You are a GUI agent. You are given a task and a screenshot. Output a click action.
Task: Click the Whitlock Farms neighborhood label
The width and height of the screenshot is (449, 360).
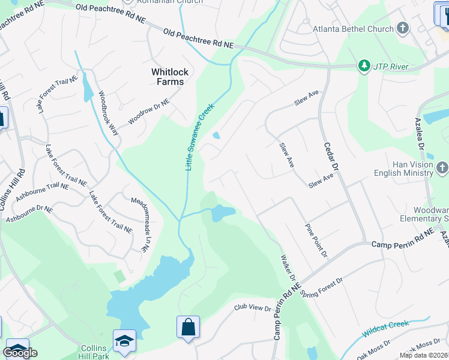click(x=169, y=77)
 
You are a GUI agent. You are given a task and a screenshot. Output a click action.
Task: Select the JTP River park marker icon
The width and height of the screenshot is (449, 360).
click(x=363, y=65)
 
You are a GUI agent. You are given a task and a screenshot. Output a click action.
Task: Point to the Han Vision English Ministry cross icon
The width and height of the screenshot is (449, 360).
click(x=442, y=167)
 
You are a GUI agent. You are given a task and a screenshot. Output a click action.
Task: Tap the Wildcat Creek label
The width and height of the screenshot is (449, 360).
click(x=385, y=329)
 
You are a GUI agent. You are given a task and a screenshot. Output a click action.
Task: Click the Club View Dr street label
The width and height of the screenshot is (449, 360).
click(x=252, y=308)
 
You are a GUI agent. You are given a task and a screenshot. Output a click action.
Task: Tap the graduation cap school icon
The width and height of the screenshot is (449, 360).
click(x=125, y=341)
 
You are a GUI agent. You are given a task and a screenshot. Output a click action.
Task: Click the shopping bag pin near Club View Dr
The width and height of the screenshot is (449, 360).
click(x=188, y=328)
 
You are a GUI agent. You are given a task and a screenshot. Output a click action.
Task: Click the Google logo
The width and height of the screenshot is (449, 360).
click(x=20, y=353)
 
